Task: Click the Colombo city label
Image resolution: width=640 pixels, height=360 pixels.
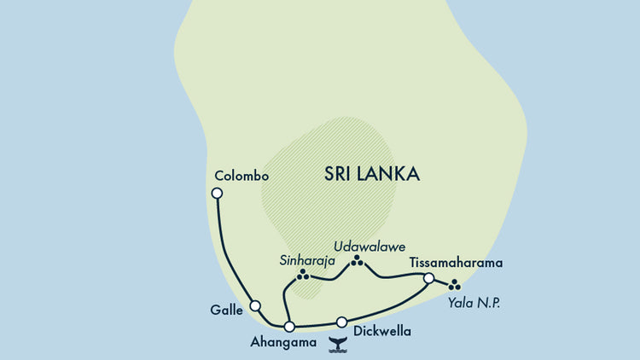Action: click(x=242, y=177)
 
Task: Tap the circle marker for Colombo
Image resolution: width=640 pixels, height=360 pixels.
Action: click(x=217, y=194)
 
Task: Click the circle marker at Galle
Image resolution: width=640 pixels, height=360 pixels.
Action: click(x=254, y=305)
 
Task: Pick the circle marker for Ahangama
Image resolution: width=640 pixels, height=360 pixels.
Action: click(x=289, y=327)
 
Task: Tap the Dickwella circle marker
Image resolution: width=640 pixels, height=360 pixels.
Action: click(x=342, y=322)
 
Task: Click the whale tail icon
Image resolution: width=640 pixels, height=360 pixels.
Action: click(x=338, y=344)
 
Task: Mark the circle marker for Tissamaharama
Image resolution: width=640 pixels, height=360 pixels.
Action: click(x=429, y=278)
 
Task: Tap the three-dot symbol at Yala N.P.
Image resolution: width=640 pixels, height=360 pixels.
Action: click(x=454, y=284)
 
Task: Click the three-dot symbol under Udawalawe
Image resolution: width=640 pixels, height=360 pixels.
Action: click(x=357, y=261)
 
